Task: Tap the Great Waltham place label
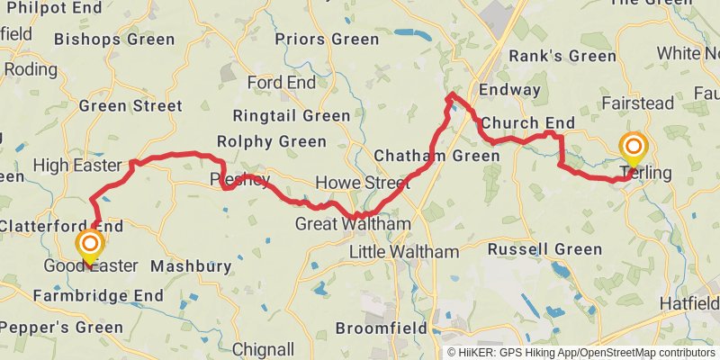point(353,223)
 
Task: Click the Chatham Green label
point(436,156)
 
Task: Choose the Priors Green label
point(327,39)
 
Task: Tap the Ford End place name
point(282,83)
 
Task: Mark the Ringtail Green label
point(291,115)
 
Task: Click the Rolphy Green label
point(271,141)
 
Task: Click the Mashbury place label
point(184,266)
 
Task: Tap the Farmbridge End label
point(98,295)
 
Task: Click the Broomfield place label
point(382,328)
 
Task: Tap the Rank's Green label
point(562,56)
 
